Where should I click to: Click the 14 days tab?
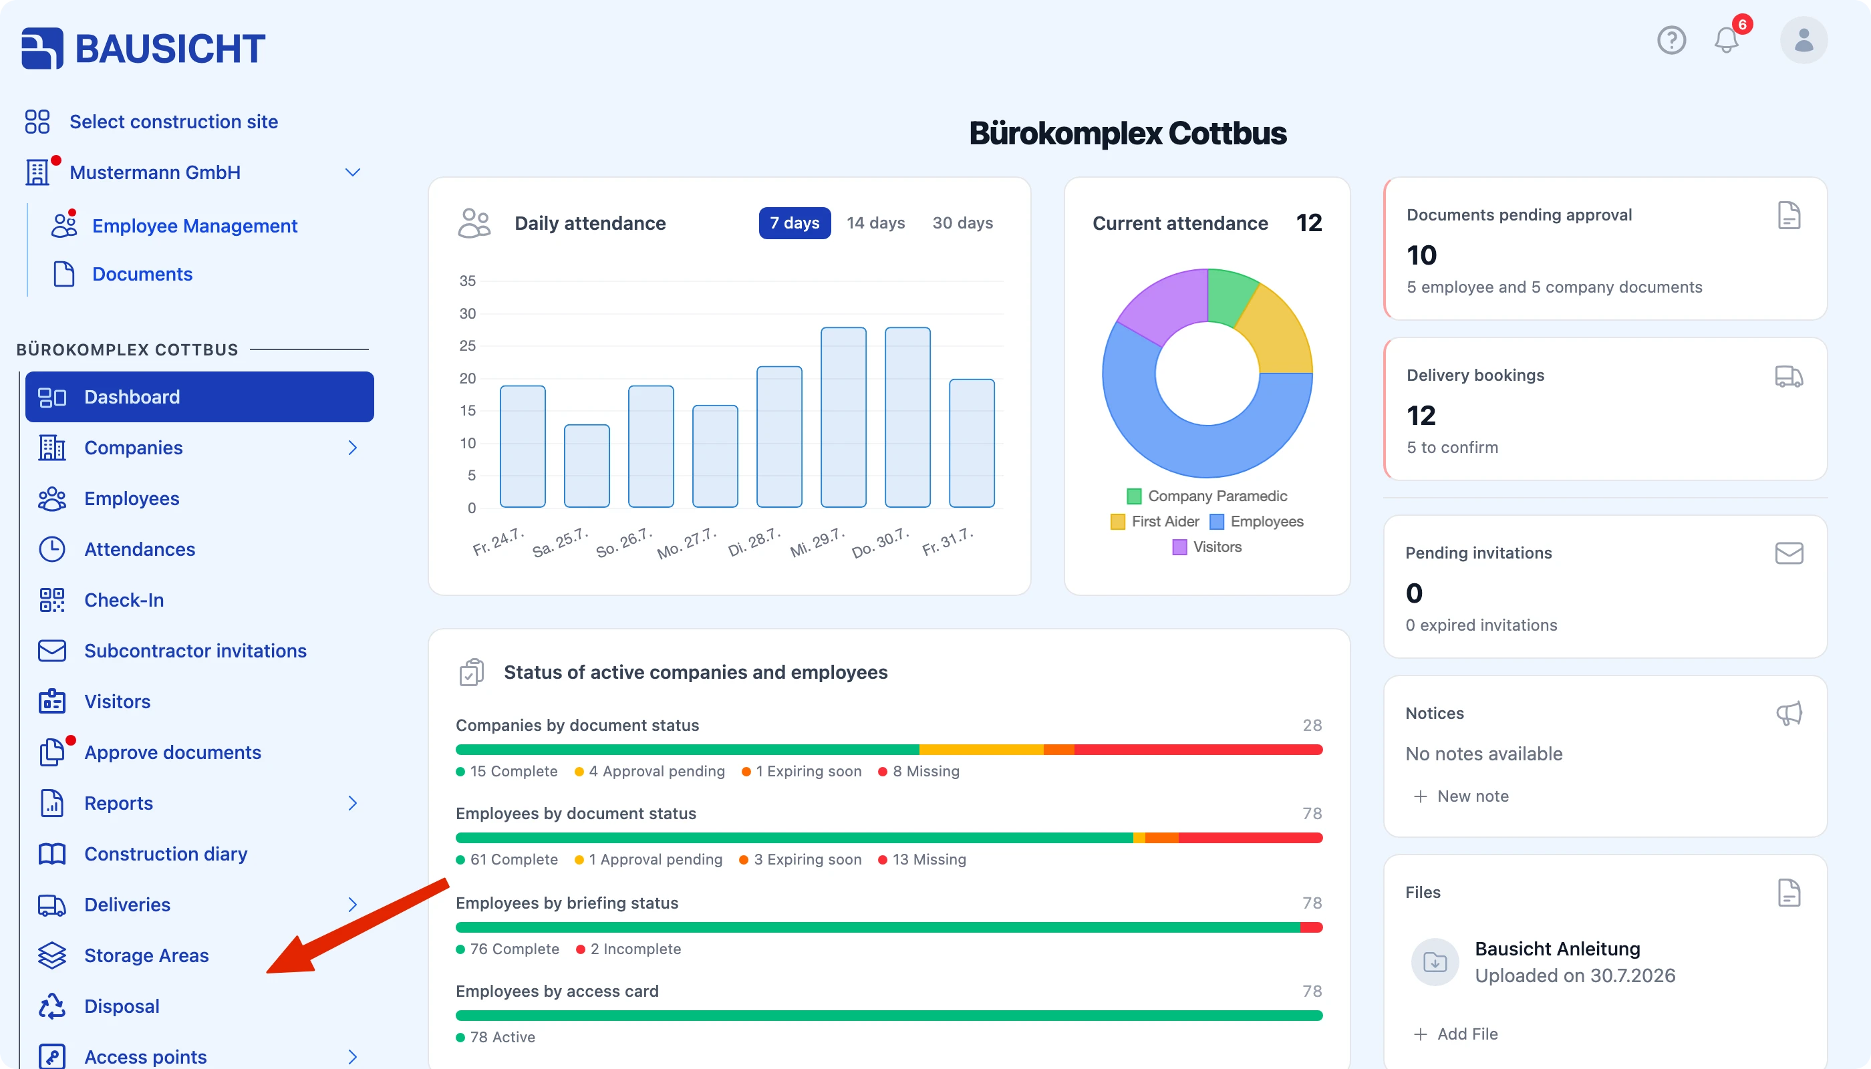(875, 222)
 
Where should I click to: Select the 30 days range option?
(962, 222)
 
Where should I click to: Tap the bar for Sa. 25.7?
(587, 466)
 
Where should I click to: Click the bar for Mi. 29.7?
(843, 417)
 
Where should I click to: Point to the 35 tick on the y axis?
(468, 281)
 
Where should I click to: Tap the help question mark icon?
(1671, 39)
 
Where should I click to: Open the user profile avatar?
(1804, 39)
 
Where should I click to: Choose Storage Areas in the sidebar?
(146, 955)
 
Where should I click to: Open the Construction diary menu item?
(165, 854)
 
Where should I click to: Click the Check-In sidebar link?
(124, 600)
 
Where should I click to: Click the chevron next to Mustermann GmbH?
(352, 172)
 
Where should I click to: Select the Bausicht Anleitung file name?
(1558, 949)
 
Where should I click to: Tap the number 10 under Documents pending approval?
(1421, 255)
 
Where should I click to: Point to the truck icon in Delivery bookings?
(1789, 376)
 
